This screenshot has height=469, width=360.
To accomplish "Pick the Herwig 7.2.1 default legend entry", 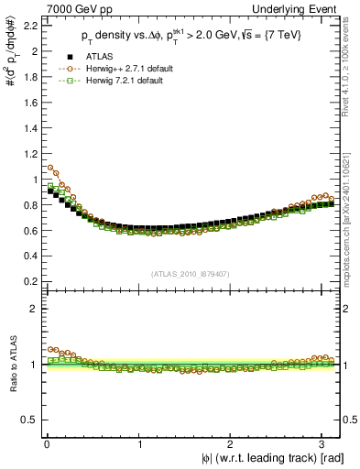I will (115, 82).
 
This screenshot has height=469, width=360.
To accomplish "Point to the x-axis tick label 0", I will (47, 445).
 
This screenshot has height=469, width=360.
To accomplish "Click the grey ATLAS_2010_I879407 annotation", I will (190, 273).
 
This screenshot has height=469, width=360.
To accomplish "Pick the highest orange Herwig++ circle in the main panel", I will (50, 168).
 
